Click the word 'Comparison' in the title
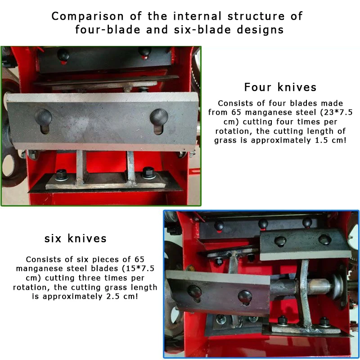[87, 17]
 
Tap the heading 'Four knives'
[280, 87]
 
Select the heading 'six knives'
[76, 238]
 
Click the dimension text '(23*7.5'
[338, 112]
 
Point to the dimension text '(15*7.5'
[140, 268]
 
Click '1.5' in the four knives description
[321, 140]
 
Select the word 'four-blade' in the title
[108, 30]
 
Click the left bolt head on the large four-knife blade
[43, 117]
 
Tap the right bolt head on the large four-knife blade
[159, 117]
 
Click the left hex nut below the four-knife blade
[61, 175]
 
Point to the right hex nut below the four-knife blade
[148, 173]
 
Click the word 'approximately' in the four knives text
[281, 140]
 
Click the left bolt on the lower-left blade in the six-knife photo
[195, 292]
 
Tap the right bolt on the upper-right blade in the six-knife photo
[324, 239]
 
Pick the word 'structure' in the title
[256, 17]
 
